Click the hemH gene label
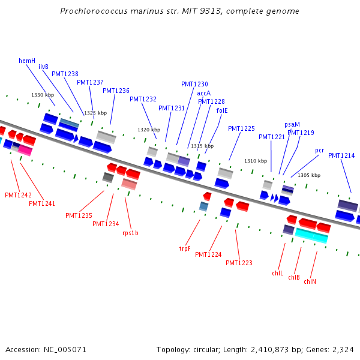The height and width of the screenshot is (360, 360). [x=27, y=61]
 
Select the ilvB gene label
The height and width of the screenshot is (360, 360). [x=43, y=67]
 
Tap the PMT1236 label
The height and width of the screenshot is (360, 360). [x=116, y=91]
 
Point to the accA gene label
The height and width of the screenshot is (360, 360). [x=204, y=93]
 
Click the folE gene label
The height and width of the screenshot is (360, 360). [x=222, y=110]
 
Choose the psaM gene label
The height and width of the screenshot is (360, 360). [x=292, y=125]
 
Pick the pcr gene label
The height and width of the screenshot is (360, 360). [x=320, y=151]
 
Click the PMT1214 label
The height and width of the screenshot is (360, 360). [x=341, y=156]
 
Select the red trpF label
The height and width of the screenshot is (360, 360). [x=185, y=248]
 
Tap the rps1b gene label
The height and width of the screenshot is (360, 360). [x=130, y=233]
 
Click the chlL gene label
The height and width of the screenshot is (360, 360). [x=277, y=274]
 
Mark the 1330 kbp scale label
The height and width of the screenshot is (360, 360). [x=43, y=95]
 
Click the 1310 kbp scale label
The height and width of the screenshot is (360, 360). [x=256, y=161]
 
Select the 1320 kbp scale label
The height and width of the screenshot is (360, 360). [x=149, y=130]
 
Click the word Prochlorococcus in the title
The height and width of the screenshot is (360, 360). [x=95, y=11]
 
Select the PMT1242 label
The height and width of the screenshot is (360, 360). [x=18, y=196]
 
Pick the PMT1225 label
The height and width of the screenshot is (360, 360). [x=241, y=128]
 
